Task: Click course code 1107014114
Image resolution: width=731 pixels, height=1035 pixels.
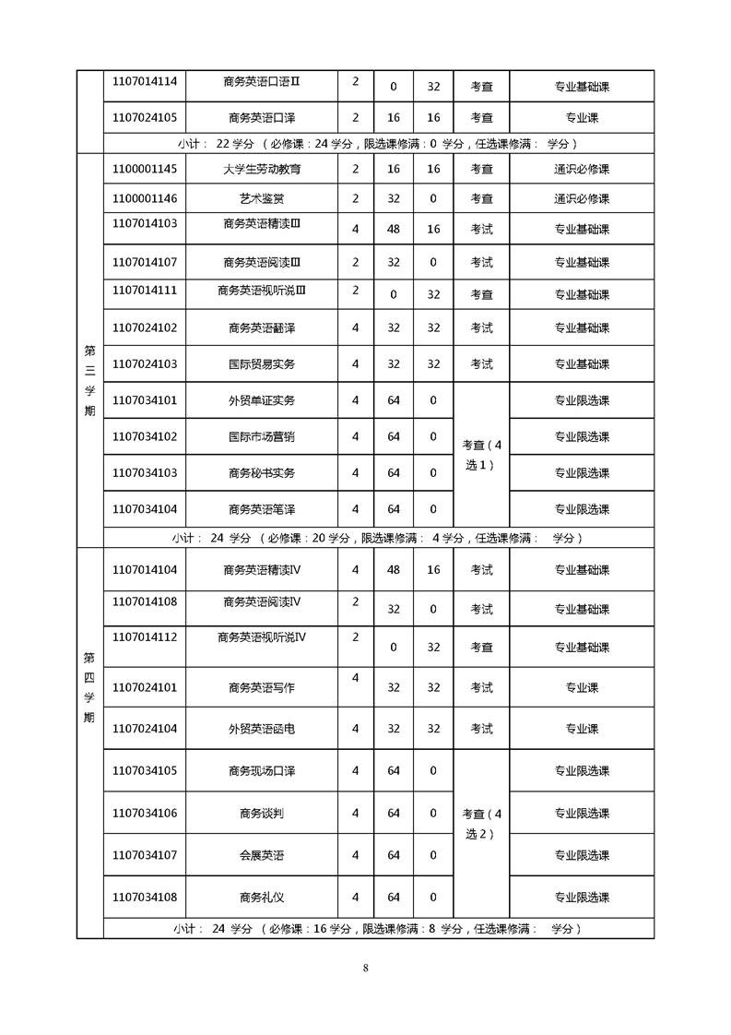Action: [x=144, y=81]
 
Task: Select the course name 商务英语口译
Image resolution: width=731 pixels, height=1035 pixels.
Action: [x=262, y=118]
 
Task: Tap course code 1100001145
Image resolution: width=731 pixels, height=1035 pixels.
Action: [x=144, y=169]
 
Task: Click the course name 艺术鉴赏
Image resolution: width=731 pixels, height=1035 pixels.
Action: [x=262, y=198]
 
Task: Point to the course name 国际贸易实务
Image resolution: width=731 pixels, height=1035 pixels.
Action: [x=262, y=364]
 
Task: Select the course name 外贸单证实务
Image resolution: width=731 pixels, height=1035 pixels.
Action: [x=262, y=401]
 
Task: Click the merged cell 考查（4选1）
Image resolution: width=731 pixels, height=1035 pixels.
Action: [x=481, y=455]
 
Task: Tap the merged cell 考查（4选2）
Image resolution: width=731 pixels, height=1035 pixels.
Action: [x=481, y=824]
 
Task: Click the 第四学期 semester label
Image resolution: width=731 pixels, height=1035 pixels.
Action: [x=89, y=687]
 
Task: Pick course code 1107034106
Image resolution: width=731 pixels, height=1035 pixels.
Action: [x=144, y=813]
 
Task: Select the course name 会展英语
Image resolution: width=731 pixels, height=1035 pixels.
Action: [x=262, y=855]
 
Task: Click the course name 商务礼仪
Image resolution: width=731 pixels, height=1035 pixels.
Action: [x=262, y=897]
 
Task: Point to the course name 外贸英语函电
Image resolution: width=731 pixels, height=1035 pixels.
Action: [x=262, y=729]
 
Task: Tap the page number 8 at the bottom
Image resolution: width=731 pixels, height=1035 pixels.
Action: [x=366, y=968]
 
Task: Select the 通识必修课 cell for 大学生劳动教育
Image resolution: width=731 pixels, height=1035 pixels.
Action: [x=582, y=170]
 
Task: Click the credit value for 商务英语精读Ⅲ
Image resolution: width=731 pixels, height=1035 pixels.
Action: [x=355, y=229]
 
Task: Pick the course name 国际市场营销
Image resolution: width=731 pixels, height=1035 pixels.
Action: [x=262, y=436]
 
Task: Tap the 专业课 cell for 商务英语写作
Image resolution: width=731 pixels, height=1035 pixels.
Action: [x=582, y=687]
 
